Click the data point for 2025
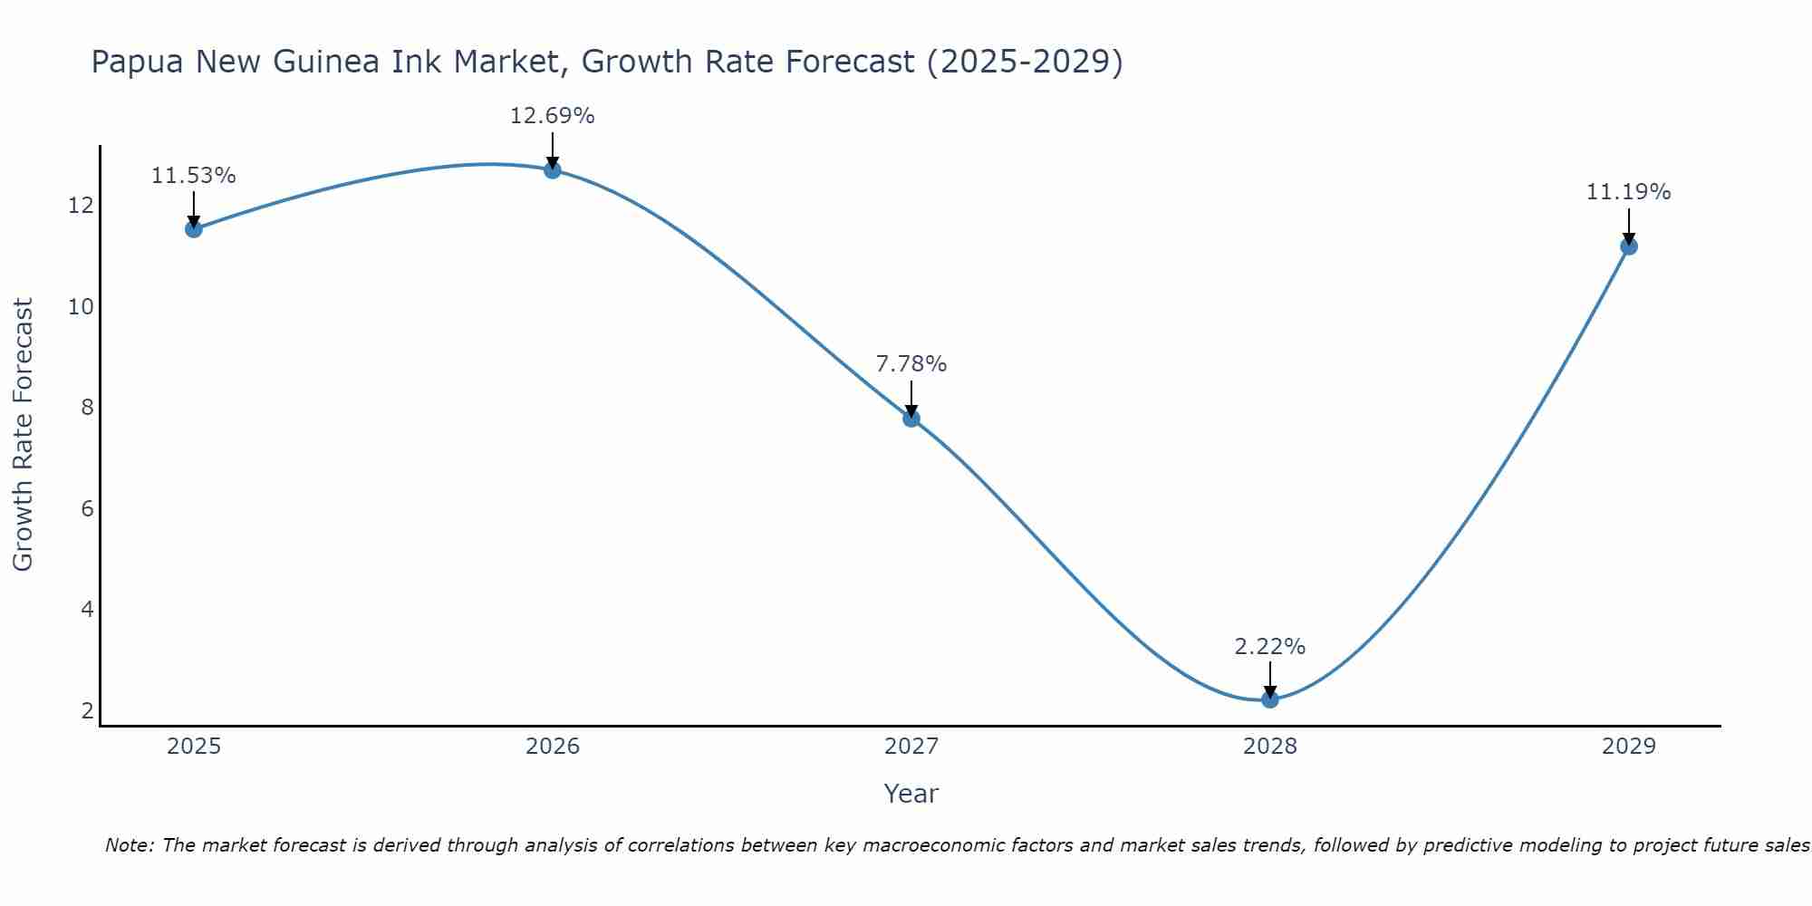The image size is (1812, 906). click(x=194, y=229)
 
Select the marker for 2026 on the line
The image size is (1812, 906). click(x=553, y=170)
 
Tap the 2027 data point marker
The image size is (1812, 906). click(x=911, y=419)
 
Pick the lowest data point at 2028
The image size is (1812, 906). click(x=1270, y=699)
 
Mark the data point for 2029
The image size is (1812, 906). click(x=1629, y=246)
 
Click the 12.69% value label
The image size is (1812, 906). click(x=553, y=116)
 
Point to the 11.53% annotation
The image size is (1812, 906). click(x=194, y=176)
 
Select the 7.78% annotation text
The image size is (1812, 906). click(x=911, y=364)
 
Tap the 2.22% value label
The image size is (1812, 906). click(x=1270, y=647)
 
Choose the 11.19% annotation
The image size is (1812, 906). click(x=1629, y=192)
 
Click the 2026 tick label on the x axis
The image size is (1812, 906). click(x=553, y=747)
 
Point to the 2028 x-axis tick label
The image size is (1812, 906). click(x=1270, y=747)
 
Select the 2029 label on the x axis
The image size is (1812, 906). click(x=1629, y=747)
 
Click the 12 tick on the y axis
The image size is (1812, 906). click(x=82, y=206)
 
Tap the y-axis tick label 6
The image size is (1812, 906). click(x=87, y=508)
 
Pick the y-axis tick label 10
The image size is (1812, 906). click(x=82, y=306)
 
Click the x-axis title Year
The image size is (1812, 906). click(x=911, y=794)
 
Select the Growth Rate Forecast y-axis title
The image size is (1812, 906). click(x=23, y=435)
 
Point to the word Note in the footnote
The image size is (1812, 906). click(x=130, y=845)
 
